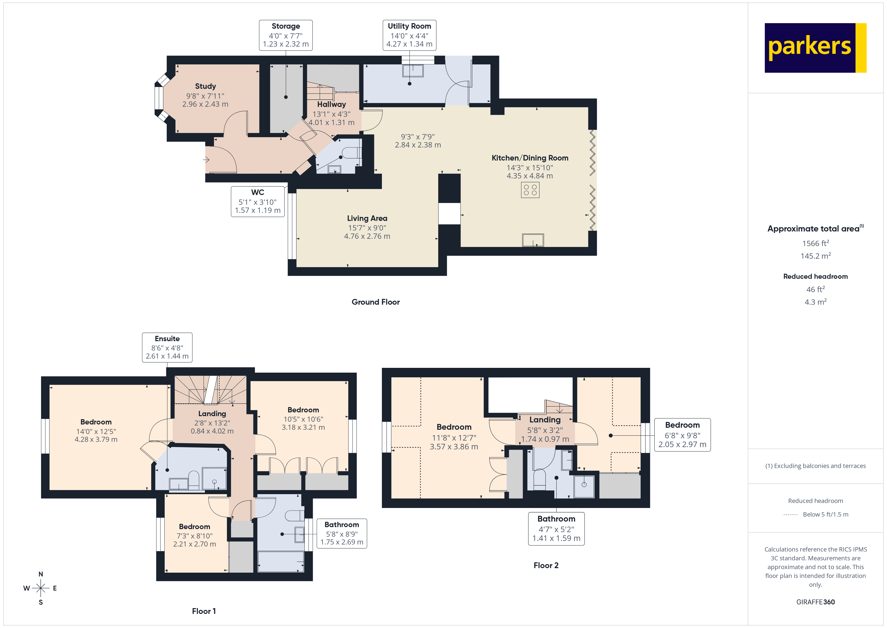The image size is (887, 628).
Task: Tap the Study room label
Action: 205,86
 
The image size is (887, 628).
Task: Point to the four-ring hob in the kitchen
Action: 530,190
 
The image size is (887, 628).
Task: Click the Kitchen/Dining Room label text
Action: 530,158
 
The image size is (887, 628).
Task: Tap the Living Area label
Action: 367,218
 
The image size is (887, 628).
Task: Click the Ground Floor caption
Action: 376,302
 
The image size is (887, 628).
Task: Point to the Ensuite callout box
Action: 167,347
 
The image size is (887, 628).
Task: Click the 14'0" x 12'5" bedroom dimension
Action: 96,431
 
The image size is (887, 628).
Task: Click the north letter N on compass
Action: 40,574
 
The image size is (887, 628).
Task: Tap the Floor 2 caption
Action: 546,565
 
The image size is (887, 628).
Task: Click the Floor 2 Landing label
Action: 545,420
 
